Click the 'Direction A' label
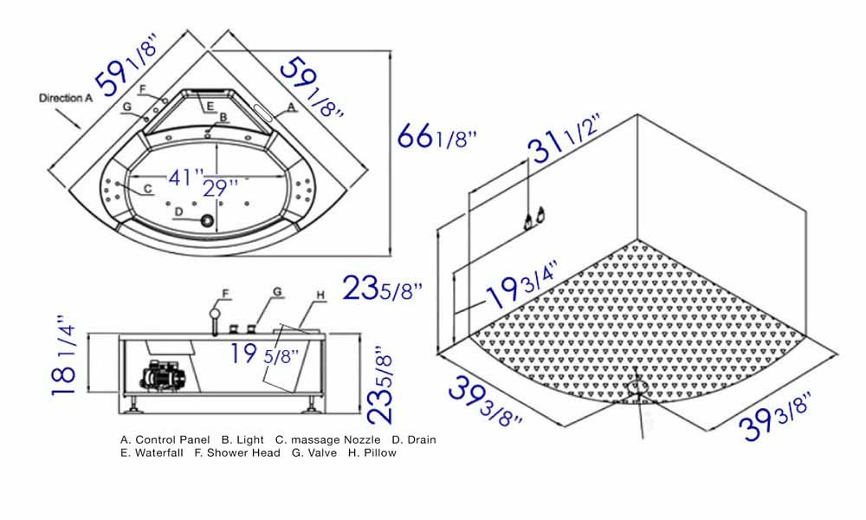[x=65, y=98]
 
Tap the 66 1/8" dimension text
[x=437, y=138]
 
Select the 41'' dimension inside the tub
[x=186, y=178]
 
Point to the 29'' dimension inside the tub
[x=220, y=186]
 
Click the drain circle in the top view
[x=208, y=220]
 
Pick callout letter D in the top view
[x=178, y=211]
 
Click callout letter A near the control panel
[x=292, y=105]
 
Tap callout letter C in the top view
[x=148, y=187]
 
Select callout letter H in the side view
[x=320, y=296]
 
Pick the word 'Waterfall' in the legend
[x=158, y=452]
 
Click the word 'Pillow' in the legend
[x=378, y=452]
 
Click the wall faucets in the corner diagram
[x=533, y=218]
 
